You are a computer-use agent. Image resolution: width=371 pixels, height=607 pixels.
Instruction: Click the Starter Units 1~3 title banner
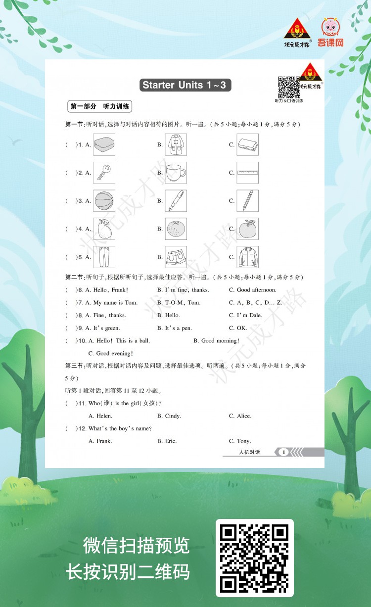(185, 85)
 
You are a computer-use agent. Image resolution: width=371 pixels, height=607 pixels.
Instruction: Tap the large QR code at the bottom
(254, 558)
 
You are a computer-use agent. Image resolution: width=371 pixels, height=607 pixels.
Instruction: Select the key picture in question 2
(104, 173)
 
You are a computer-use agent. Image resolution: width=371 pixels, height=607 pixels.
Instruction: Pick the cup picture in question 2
(176, 173)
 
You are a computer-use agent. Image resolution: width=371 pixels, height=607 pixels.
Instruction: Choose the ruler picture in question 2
(247, 173)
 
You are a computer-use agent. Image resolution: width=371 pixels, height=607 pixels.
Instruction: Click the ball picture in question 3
(104, 201)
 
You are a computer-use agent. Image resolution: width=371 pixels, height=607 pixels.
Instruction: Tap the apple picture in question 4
(247, 229)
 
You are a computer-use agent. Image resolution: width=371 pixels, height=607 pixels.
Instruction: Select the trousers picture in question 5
(104, 257)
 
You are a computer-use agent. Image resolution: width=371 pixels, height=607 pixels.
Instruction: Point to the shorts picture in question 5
(176, 257)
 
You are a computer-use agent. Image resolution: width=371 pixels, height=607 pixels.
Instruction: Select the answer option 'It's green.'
(106, 328)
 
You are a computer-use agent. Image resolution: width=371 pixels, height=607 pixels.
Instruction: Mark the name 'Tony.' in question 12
(243, 441)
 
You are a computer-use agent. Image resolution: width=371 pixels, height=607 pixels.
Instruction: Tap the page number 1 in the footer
(283, 452)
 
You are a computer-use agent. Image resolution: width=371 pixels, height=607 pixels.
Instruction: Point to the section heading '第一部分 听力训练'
(100, 106)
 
